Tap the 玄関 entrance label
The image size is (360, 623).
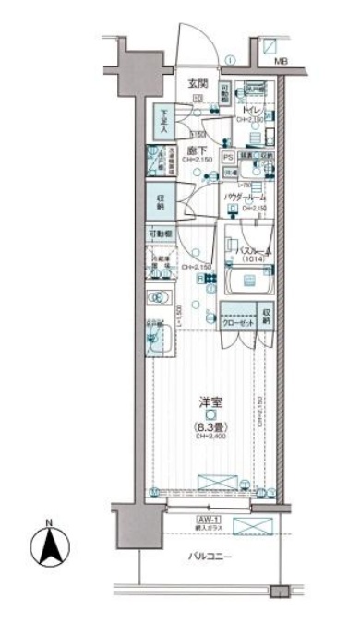pyautogui.click(x=198, y=84)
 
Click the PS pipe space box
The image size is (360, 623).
pyautogui.click(x=227, y=157)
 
